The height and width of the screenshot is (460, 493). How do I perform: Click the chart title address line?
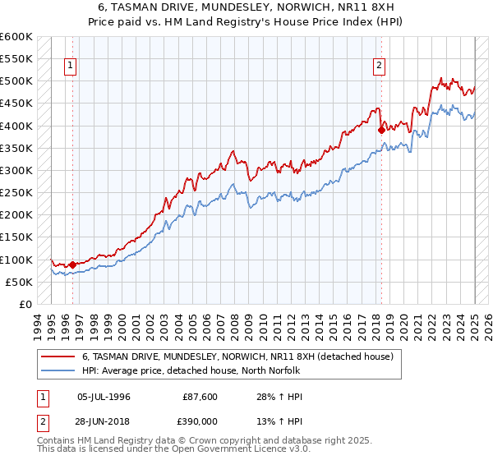click(x=246, y=7)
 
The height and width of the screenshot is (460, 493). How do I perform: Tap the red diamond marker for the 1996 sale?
click(x=72, y=264)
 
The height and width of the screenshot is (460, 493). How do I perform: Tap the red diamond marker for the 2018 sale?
click(x=381, y=130)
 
